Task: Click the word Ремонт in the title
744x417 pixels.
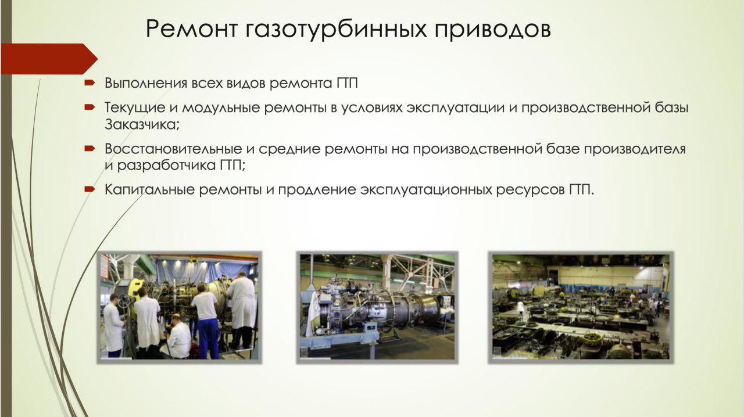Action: tap(191, 28)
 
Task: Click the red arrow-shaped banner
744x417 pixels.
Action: tap(49, 59)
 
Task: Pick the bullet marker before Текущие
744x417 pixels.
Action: tap(90, 107)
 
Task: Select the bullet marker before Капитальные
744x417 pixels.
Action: tap(90, 189)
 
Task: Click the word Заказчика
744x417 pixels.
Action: tap(141, 125)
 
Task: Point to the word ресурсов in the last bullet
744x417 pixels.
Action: tap(531, 190)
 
